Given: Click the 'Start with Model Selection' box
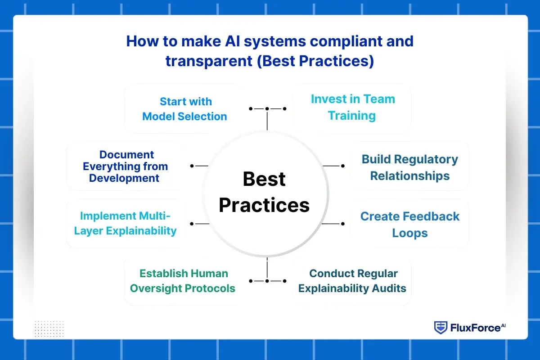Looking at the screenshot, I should (x=184, y=109).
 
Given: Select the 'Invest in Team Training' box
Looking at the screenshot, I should (x=352, y=107).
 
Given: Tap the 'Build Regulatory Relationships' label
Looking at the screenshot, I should (x=409, y=167).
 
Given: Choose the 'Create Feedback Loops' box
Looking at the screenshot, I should (x=409, y=225).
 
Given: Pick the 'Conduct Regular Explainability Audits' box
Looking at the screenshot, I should (x=352, y=281).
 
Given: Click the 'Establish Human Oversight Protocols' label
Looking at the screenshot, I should (x=183, y=281).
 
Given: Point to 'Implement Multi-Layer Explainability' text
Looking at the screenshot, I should (x=125, y=223).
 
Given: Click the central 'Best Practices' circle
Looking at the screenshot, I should (x=265, y=192).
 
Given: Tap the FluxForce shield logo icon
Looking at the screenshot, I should (x=441, y=327).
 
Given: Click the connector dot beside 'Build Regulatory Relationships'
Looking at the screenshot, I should (x=343, y=166).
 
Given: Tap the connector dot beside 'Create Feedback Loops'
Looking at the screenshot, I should (x=343, y=223).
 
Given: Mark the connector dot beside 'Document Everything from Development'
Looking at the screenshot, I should (x=192, y=166).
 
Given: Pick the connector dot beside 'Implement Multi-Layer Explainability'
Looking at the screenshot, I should (x=192, y=223).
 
